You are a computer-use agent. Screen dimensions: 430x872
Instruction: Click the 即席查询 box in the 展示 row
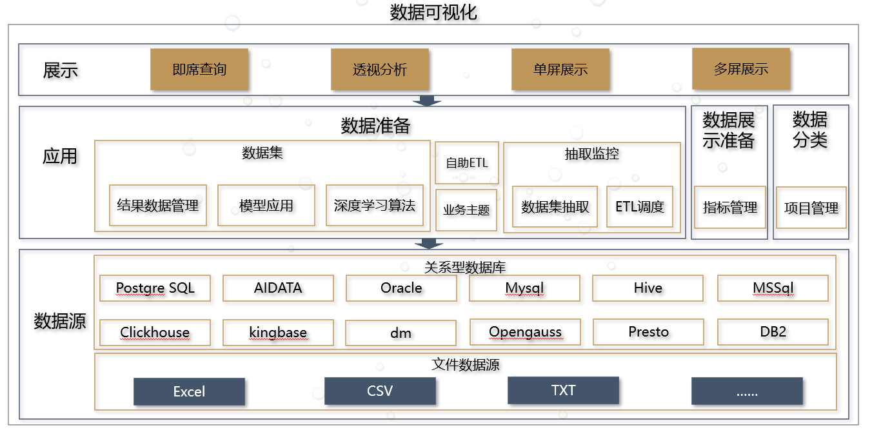click(199, 69)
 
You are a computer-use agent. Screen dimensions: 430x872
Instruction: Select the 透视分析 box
click(380, 69)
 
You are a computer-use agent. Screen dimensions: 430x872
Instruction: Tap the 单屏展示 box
click(560, 69)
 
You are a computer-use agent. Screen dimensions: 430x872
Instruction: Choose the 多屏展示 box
click(741, 68)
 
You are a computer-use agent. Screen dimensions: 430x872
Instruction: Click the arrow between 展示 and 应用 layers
click(427, 101)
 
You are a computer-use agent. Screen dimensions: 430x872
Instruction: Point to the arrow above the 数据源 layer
click(427, 244)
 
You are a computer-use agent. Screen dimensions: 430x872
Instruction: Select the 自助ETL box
click(466, 162)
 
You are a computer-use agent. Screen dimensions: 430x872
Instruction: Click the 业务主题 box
click(466, 210)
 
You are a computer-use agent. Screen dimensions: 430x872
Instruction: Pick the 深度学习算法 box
click(374, 206)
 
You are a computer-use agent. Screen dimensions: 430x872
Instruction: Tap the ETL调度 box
click(639, 207)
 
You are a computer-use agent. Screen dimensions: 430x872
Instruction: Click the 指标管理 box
click(729, 208)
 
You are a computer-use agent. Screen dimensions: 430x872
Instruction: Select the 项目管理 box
click(811, 208)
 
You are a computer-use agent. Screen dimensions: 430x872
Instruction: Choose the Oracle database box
click(401, 288)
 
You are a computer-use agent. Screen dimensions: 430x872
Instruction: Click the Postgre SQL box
click(155, 288)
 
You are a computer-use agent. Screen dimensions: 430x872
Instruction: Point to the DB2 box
click(773, 332)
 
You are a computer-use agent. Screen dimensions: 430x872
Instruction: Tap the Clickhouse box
click(155, 333)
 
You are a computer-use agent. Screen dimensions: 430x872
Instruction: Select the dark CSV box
click(380, 391)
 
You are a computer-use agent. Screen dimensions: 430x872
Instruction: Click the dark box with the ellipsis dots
click(747, 391)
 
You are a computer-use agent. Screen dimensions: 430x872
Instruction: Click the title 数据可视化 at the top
click(433, 12)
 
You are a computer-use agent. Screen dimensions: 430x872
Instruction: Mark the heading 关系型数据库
click(464, 266)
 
